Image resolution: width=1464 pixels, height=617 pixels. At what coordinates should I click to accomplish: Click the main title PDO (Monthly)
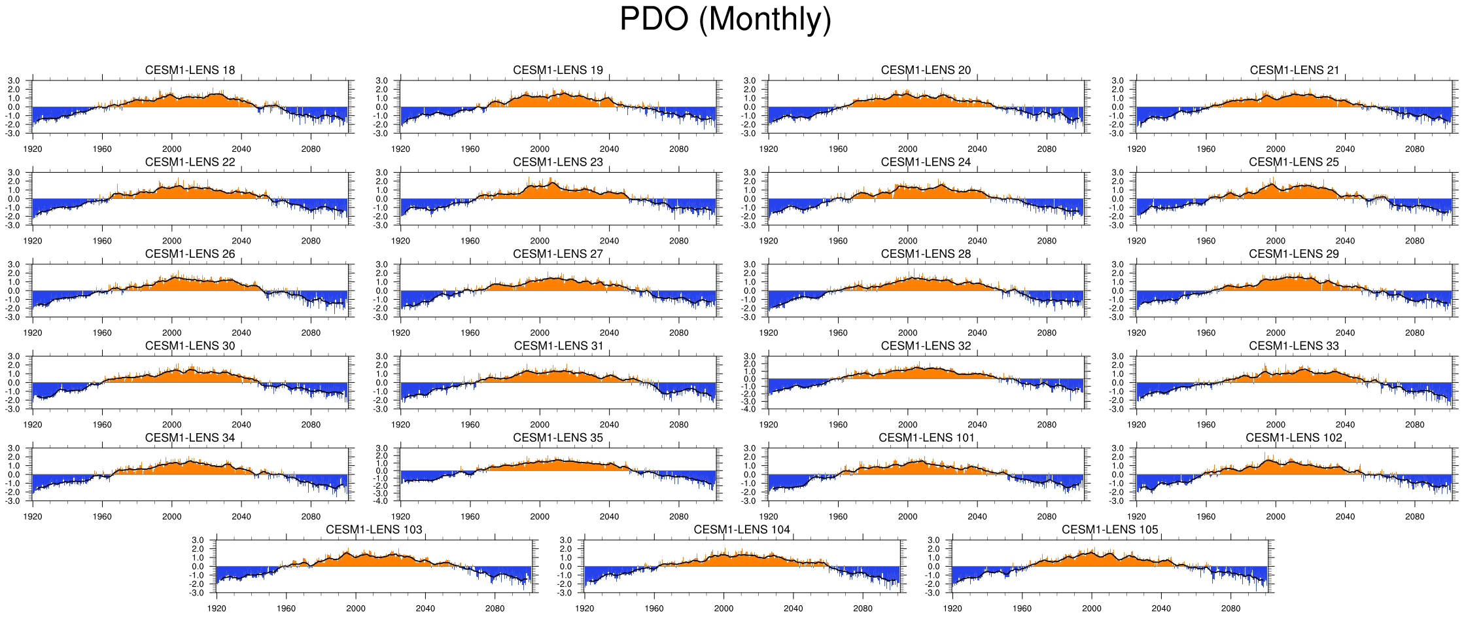pyautogui.click(x=725, y=20)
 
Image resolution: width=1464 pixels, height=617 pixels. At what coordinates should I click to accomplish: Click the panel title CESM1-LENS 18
pyautogui.click(x=190, y=70)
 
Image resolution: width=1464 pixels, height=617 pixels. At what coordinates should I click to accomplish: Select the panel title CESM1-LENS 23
pyautogui.click(x=558, y=162)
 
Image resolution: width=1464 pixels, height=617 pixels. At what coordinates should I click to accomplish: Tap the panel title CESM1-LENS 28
pyautogui.click(x=926, y=254)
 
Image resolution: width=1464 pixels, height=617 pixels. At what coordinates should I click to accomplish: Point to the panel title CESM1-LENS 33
pyautogui.click(x=1294, y=345)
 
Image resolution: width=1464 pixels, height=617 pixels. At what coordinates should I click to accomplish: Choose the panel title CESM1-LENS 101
pyautogui.click(x=926, y=438)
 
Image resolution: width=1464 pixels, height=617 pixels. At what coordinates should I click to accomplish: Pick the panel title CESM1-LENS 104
pyautogui.click(x=742, y=529)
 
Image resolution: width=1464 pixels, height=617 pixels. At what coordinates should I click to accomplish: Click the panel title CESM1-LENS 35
pyautogui.click(x=558, y=438)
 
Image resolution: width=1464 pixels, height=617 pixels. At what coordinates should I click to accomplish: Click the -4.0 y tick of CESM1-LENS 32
pyautogui.click(x=750, y=410)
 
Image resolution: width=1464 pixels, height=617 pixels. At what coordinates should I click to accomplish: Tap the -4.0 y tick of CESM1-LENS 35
pyautogui.click(x=382, y=501)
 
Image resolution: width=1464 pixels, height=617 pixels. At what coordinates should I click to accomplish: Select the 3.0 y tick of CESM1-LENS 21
pyautogui.click(x=1117, y=80)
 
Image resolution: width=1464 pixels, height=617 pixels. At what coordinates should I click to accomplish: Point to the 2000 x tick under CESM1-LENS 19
pyautogui.click(x=540, y=149)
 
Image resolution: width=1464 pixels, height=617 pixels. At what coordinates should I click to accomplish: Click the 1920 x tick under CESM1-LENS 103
pyautogui.click(x=217, y=608)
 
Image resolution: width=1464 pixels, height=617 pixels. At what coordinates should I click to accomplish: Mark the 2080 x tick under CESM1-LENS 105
pyautogui.click(x=1230, y=608)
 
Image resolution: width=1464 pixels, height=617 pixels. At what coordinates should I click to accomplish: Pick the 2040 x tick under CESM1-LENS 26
pyautogui.click(x=241, y=333)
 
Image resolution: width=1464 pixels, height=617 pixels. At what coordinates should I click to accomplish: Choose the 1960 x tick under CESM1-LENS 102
pyautogui.click(x=1206, y=517)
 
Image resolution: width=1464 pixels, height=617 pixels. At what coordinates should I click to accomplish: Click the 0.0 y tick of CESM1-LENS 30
pyautogui.click(x=14, y=383)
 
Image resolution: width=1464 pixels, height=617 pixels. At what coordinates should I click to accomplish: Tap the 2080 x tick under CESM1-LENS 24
pyautogui.click(x=1047, y=241)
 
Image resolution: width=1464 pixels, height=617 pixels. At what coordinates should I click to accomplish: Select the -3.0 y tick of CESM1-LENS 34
pyautogui.click(x=14, y=501)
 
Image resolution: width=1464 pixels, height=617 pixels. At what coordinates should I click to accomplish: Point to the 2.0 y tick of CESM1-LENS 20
pyautogui.click(x=750, y=90)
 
